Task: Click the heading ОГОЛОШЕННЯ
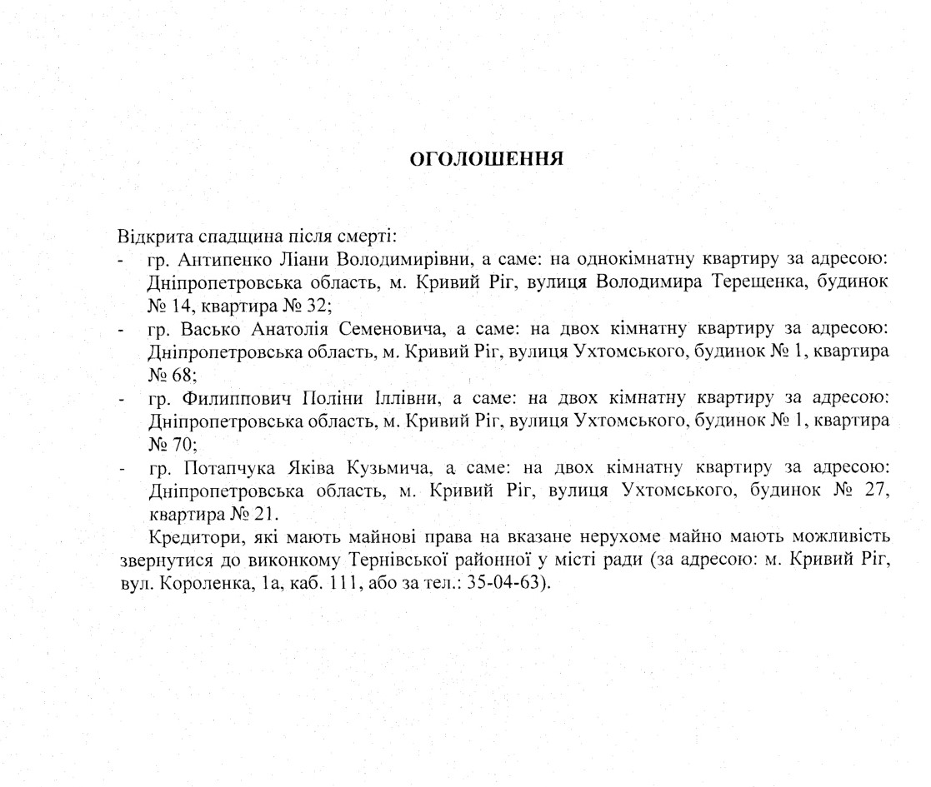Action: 487,159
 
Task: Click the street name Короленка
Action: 197,581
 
